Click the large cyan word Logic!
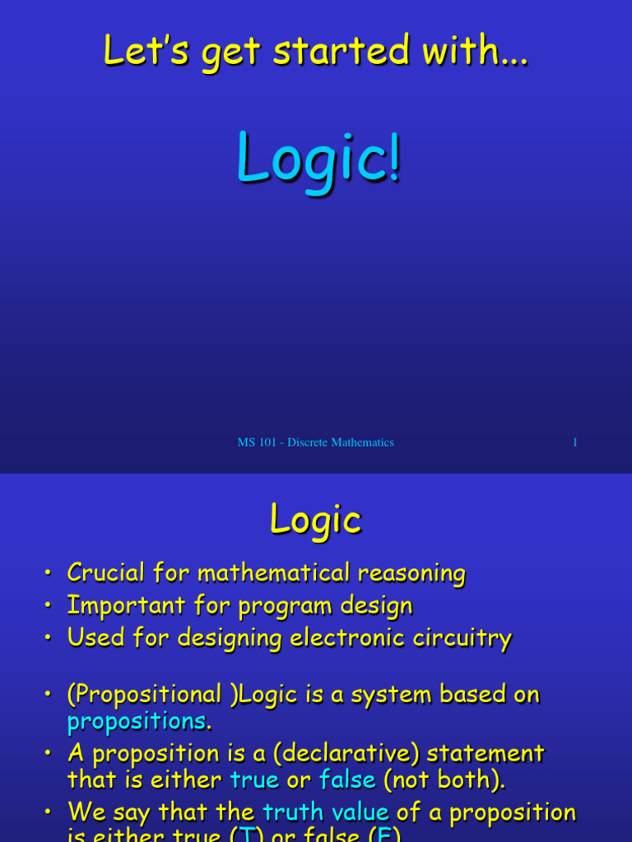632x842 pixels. (318, 159)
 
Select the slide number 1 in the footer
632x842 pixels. (575, 442)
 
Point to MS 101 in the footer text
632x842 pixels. (257, 442)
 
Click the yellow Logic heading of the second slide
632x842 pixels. (315, 520)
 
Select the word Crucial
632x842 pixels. (106, 572)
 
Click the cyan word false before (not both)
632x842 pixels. (347, 780)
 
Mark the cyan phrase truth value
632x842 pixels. (325, 812)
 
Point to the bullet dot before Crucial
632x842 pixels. (48, 573)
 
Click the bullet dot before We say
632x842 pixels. (48, 813)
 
